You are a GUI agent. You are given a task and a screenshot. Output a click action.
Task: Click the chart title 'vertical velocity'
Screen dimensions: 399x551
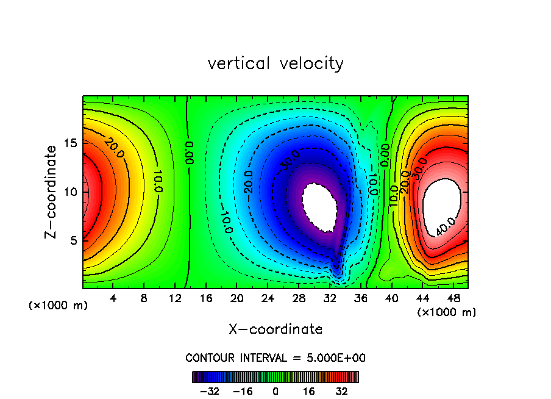click(275, 63)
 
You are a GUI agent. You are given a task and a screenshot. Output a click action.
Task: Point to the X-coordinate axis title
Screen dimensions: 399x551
click(275, 329)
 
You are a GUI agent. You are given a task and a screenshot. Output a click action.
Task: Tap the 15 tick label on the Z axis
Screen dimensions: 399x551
click(71, 143)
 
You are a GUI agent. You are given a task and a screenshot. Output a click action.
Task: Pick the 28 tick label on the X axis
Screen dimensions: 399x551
click(299, 298)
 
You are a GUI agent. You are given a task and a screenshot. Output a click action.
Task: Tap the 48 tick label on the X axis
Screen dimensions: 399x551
click(453, 298)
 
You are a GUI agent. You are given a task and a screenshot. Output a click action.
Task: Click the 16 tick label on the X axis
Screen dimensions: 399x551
click(206, 298)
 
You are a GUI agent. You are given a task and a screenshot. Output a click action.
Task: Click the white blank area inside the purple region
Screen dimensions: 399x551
click(320, 207)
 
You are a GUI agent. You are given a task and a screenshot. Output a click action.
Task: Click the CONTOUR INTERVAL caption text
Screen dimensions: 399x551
click(275, 358)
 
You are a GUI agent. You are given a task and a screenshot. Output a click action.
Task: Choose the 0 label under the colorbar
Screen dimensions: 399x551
click(275, 390)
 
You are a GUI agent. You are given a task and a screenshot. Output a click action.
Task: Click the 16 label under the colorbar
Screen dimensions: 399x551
click(308, 390)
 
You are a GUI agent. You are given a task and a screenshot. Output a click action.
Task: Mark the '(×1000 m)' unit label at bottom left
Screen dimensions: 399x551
click(59, 306)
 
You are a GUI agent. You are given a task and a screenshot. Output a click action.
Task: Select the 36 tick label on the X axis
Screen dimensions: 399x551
click(360, 298)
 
